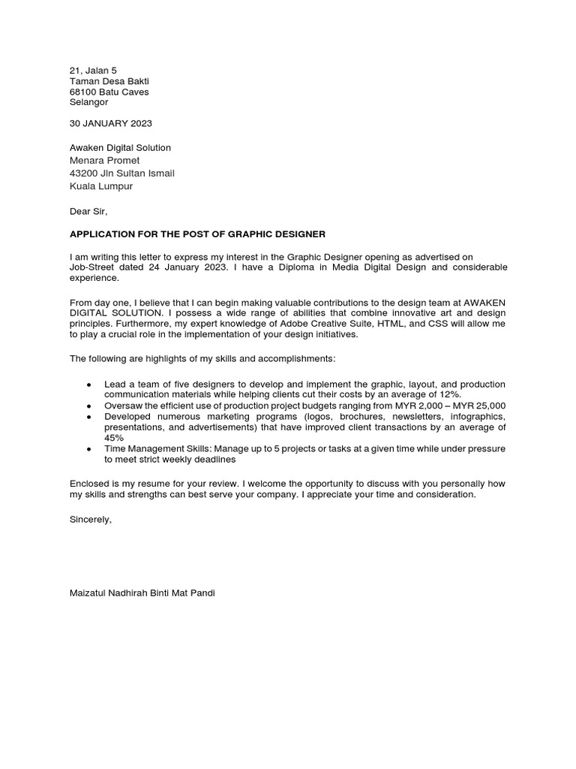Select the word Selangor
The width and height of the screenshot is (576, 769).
pos(88,102)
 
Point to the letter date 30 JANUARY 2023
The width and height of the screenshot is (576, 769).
pos(110,123)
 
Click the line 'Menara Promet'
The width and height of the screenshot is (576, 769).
pos(104,160)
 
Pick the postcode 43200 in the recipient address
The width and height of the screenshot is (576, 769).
pos(84,173)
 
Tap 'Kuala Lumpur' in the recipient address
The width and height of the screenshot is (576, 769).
pos(100,186)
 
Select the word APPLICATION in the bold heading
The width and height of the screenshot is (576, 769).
pos(102,234)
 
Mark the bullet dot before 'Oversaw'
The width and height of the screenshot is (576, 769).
pos(89,406)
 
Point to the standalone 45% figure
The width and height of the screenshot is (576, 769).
pos(114,438)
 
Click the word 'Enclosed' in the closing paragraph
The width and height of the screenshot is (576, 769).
pos(89,484)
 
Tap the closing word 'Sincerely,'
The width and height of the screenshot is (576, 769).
pos(90,519)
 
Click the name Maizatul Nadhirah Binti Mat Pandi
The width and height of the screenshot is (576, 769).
pos(142,593)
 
